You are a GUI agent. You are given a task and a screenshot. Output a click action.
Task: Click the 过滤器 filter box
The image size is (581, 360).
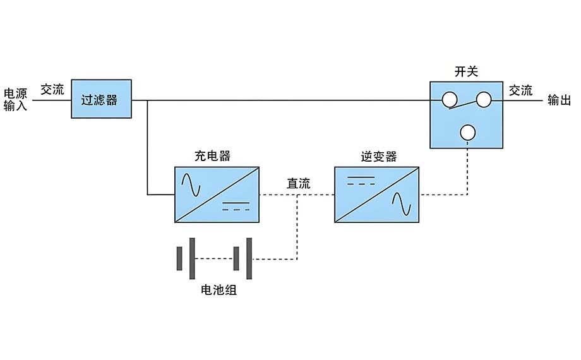tap(101, 99)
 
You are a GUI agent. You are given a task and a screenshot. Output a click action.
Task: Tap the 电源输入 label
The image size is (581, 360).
tap(16, 100)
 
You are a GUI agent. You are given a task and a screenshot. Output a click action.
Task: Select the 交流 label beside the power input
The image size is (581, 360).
tap(52, 90)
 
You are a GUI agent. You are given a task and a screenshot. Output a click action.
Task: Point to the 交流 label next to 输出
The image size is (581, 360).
tap(521, 90)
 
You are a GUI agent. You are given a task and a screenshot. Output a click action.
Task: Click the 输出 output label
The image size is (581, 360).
tap(559, 100)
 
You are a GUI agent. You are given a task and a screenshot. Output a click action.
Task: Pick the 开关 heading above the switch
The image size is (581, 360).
tap(466, 71)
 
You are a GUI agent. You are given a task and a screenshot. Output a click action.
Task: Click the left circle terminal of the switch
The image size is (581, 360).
tap(449, 100)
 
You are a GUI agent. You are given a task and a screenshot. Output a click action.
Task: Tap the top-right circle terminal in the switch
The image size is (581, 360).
tap(483, 99)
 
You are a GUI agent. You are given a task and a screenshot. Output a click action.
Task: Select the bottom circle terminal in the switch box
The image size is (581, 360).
tap(467, 132)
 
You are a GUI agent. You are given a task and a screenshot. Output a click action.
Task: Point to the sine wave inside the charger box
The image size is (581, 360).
tap(191, 184)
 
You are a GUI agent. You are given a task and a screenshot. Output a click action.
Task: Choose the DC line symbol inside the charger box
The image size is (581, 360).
tap(236, 205)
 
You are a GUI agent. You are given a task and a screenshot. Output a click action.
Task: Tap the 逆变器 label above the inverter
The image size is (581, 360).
tap(376, 156)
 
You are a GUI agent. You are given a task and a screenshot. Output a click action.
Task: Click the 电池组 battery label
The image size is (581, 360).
tap(219, 291)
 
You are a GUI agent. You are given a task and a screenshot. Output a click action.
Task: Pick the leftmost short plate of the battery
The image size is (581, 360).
tap(179, 258)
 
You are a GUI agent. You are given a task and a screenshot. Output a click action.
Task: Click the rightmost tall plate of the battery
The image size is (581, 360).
tap(250, 258)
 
